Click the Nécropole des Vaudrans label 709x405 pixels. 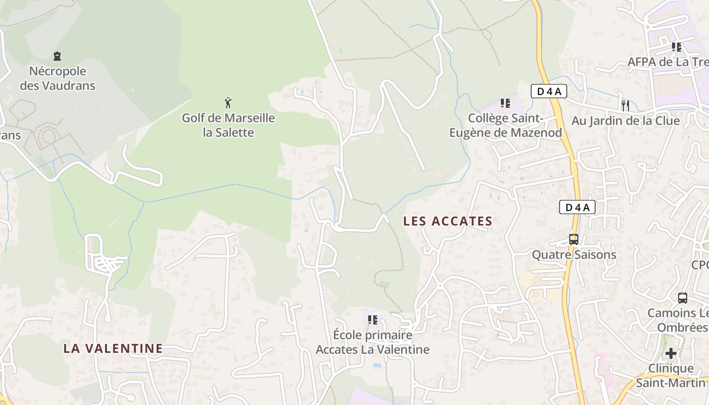(x=57, y=78)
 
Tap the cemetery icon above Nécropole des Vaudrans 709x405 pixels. (x=57, y=56)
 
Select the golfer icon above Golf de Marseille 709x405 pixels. (x=228, y=103)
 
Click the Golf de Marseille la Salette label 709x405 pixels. (x=228, y=125)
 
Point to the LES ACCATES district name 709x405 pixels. (x=448, y=221)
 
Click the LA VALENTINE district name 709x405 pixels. (x=113, y=348)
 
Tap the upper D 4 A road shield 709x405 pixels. (x=548, y=92)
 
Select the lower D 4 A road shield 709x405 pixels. (x=577, y=207)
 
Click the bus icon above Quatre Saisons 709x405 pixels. (x=574, y=239)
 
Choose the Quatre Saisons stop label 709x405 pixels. (x=574, y=255)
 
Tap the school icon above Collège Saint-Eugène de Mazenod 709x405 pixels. (x=505, y=103)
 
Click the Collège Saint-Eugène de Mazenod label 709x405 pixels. (x=505, y=125)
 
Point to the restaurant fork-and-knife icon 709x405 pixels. (x=625, y=105)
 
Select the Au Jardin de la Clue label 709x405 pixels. (x=625, y=121)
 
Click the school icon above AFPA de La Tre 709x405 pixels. (x=677, y=47)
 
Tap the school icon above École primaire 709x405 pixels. (x=373, y=320)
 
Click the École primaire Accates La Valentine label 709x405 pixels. (x=373, y=342)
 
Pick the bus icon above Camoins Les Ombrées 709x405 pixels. (x=683, y=298)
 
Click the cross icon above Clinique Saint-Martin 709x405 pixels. (x=671, y=353)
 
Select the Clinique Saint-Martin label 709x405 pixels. (x=671, y=375)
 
